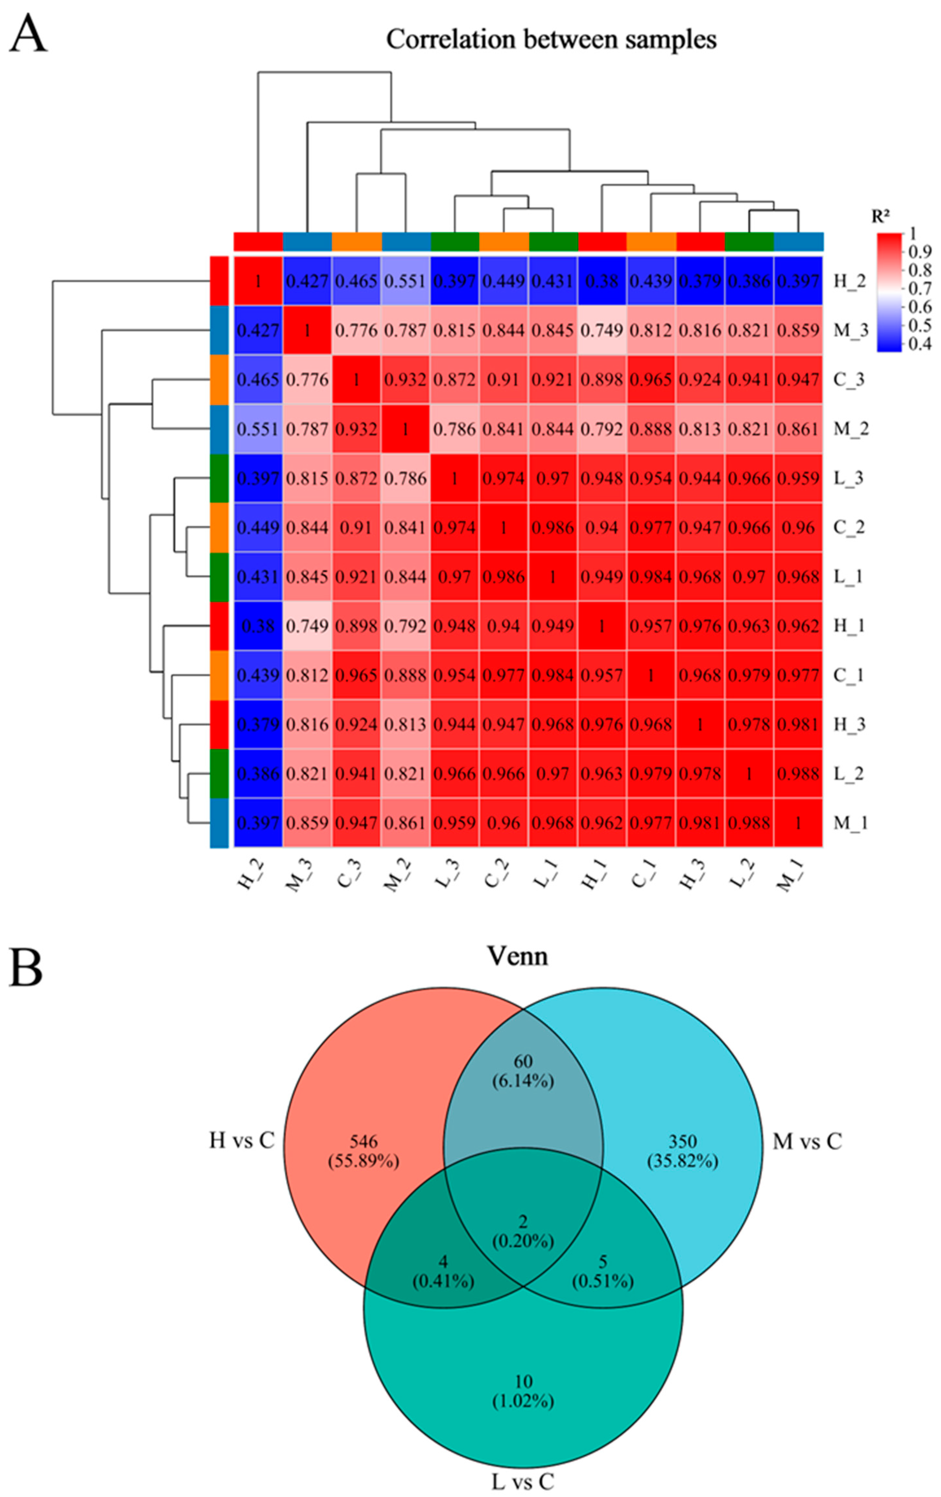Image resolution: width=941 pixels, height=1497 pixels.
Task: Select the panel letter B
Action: click(26, 968)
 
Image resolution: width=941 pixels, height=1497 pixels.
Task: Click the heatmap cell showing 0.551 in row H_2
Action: click(405, 281)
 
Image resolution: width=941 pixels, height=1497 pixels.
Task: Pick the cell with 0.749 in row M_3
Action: click(602, 330)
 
